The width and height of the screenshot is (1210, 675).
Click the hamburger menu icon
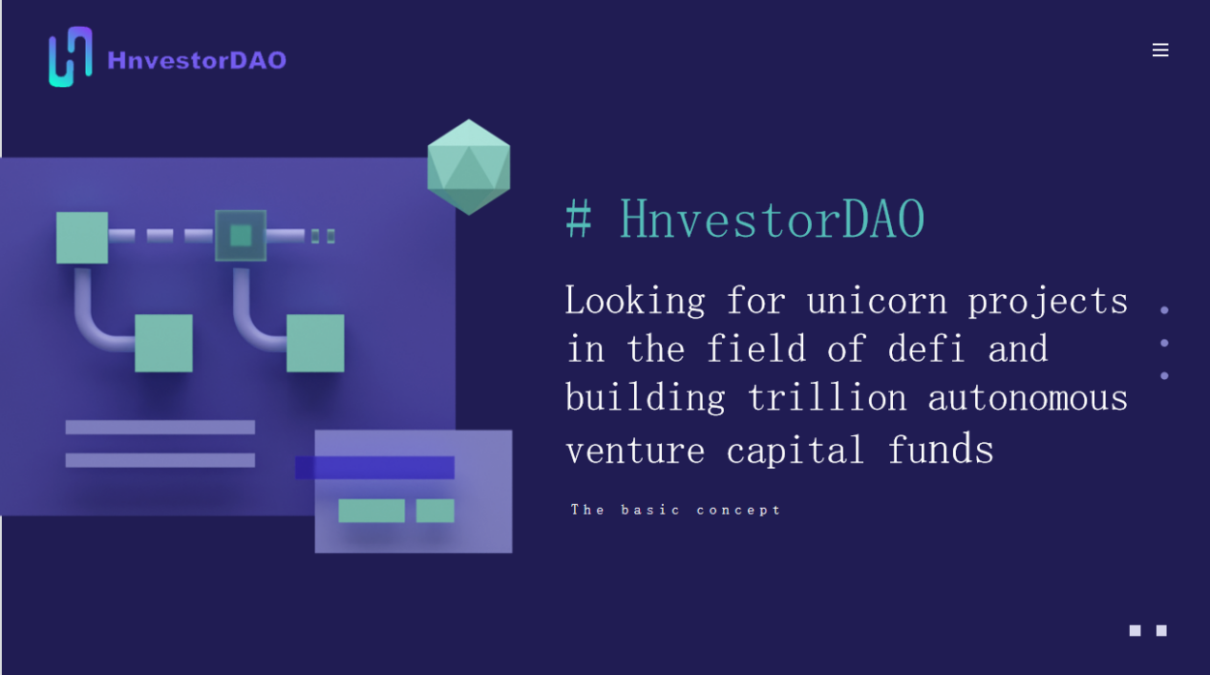tap(1160, 50)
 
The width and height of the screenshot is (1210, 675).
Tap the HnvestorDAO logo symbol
tap(71, 56)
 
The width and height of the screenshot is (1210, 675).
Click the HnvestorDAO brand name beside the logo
tap(197, 60)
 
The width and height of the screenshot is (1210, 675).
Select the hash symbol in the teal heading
tap(579, 219)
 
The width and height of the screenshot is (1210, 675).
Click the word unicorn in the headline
tap(877, 301)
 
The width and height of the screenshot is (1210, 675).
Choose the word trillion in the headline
tap(827, 397)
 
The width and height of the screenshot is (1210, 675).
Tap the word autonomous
tap(1028, 398)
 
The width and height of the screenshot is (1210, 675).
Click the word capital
tap(795, 450)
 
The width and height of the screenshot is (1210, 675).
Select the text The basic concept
tap(675, 510)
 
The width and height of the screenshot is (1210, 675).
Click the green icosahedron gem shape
tap(468, 167)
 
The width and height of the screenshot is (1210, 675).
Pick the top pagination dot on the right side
tap(1164, 310)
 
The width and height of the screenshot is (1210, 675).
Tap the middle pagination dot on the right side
tap(1164, 343)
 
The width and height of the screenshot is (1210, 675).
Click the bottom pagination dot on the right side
tap(1164, 376)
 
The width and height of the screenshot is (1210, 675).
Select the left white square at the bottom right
tap(1135, 631)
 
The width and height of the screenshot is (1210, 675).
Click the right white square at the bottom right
tap(1161, 631)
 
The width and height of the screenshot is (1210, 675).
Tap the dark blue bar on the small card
tap(374, 468)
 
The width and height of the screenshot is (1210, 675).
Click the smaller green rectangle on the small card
tap(435, 511)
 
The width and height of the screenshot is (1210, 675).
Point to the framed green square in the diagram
tap(241, 236)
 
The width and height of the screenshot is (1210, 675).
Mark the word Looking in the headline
tap(635, 301)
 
